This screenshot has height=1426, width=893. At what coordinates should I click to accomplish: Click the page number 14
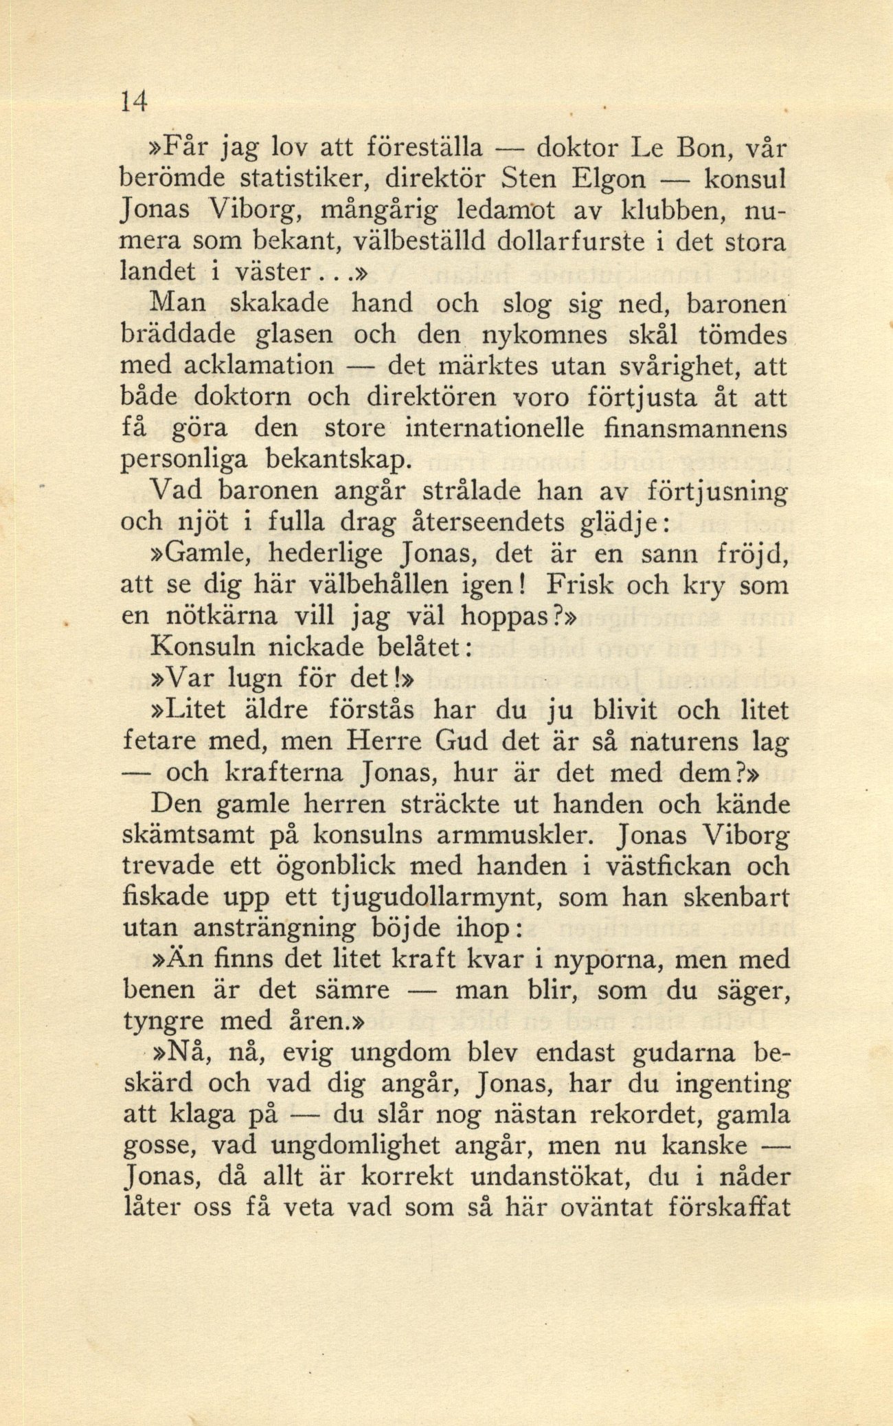tap(133, 102)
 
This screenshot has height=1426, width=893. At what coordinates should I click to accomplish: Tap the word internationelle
tap(495, 428)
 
